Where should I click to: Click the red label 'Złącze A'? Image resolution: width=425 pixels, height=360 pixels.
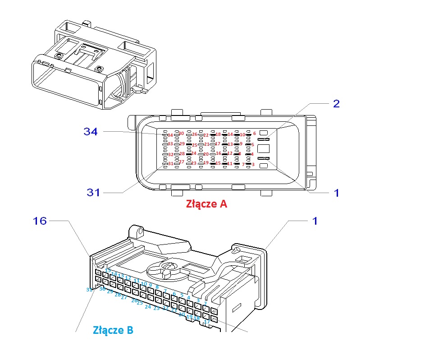point(206,204)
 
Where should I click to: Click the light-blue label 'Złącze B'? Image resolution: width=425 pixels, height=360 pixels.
point(113,330)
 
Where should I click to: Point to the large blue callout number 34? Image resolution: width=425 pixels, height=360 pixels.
point(91,132)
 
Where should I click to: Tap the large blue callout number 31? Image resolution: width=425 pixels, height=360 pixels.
point(93,193)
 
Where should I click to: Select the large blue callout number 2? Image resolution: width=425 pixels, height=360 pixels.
point(336,103)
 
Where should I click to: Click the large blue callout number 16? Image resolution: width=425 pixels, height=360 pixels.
point(40,221)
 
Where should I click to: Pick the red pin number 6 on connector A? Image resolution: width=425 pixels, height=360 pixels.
point(254,134)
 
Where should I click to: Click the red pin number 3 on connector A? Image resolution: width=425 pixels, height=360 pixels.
point(253,164)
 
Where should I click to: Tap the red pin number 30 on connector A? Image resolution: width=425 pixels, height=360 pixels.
point(181,134)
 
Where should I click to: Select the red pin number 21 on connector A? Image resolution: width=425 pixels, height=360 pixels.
point(206,144)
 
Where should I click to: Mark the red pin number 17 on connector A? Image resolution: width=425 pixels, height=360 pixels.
point(218,144)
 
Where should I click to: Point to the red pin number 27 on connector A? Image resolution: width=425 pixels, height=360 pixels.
point(181,162)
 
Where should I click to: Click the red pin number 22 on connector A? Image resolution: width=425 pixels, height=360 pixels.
point(206,135)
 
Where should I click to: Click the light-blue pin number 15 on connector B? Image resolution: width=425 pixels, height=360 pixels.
point(108,270)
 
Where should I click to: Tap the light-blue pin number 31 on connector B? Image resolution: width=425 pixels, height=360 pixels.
point(89,290)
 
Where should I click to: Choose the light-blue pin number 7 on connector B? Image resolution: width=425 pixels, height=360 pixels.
point(165,291)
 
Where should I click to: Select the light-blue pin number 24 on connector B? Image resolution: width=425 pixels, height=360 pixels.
point(147,307)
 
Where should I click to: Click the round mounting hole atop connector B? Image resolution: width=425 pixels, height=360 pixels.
point(140,233)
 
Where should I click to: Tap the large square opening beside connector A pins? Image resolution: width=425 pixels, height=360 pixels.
point(263,149)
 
